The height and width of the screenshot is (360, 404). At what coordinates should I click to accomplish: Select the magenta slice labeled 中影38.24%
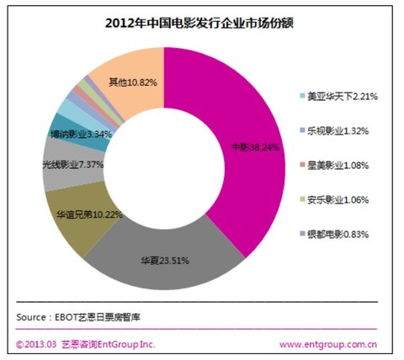(244, 147)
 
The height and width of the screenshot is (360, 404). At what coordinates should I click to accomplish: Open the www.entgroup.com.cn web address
(328, 345)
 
